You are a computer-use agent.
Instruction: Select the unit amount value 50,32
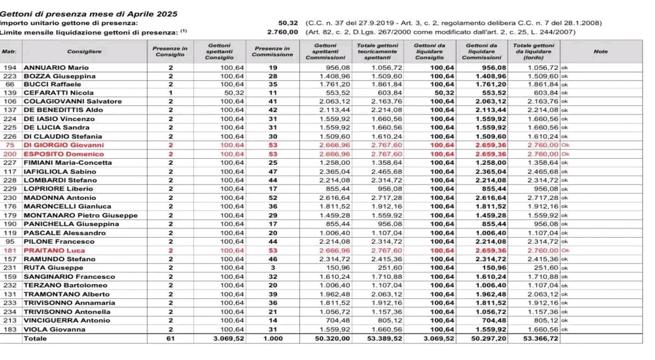click(289, 22)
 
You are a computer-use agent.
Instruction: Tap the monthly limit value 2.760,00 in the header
click(283, 32)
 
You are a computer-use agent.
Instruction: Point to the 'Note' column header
click(600, 52)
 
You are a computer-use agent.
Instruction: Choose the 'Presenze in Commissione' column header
click(272, 52)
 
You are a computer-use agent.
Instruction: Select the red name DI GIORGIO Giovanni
click(64, 145)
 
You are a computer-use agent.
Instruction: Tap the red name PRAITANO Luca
click(55, 250)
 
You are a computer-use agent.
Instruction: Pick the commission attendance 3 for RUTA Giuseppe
click(272, 268)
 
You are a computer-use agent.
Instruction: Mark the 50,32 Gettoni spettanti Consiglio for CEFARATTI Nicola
click(234, 93)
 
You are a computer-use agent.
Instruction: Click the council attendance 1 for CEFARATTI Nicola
click(170, 93)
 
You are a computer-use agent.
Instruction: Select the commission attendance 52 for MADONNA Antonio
click(272, 198)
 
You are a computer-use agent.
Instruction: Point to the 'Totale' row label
click(34, 339)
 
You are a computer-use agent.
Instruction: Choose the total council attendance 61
click(170, 339)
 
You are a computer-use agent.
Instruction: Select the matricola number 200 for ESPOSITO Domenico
click(10, 154)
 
